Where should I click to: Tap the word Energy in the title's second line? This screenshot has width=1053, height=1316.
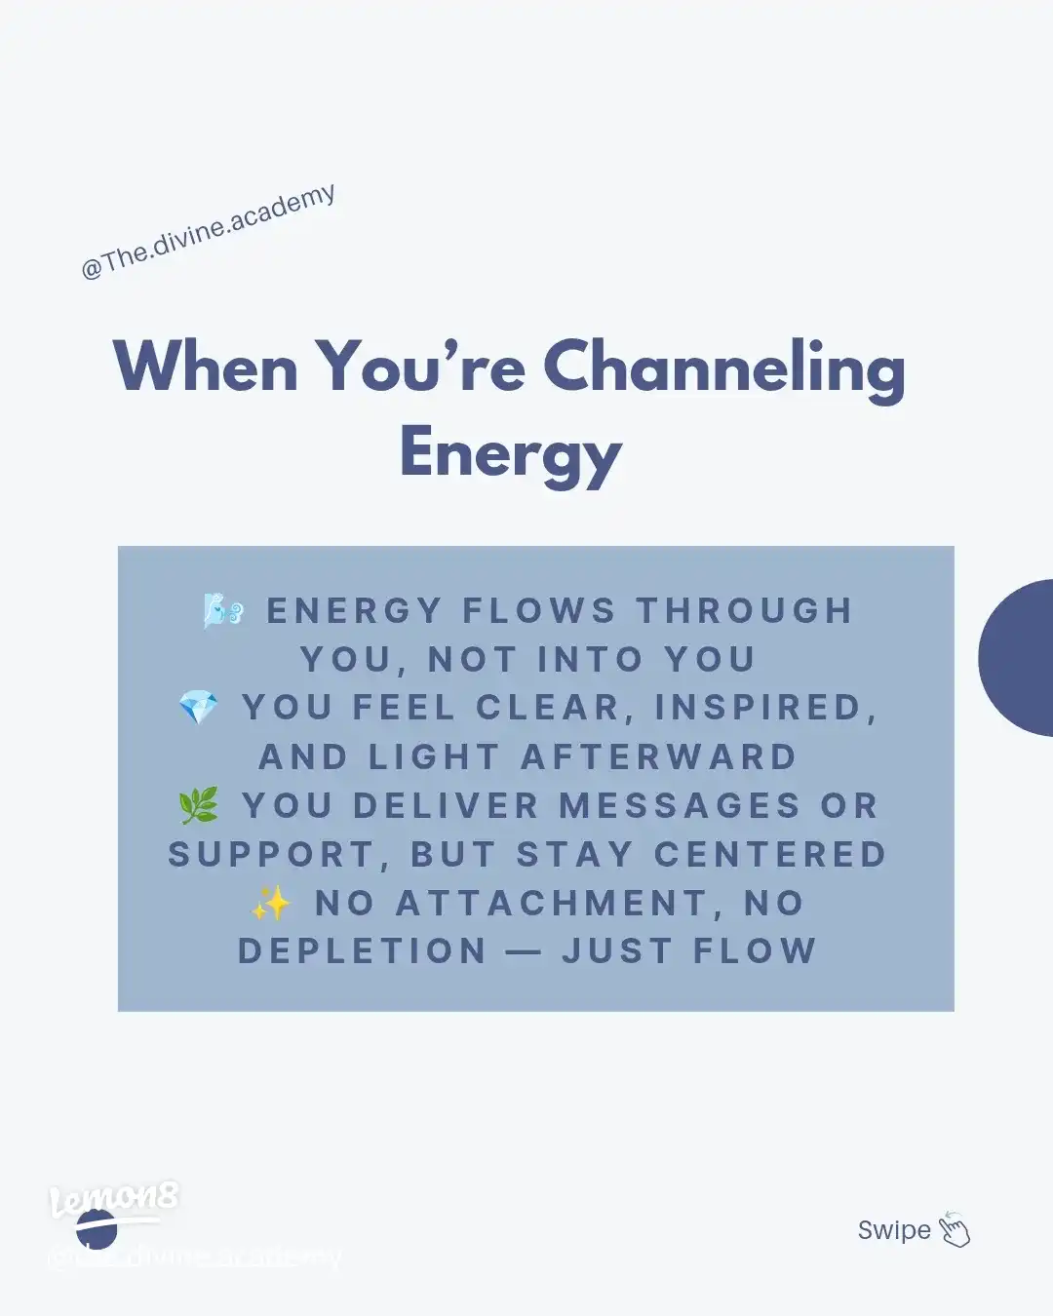510,454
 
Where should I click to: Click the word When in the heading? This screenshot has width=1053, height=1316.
206,368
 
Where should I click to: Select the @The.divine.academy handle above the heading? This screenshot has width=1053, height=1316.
209,232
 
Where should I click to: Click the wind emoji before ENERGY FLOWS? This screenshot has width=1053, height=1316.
223,610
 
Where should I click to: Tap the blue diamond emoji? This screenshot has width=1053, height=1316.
199,708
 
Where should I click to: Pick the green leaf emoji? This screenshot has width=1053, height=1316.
199,805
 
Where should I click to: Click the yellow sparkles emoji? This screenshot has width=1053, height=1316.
270,903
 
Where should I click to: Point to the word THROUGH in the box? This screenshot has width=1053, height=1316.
745,611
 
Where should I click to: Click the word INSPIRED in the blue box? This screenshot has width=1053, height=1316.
760,709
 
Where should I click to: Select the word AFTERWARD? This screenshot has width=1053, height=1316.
659,757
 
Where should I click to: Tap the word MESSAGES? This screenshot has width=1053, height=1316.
680,806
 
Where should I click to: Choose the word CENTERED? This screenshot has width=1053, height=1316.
770,855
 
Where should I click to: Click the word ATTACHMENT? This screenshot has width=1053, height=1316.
552,904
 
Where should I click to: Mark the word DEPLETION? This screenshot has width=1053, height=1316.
362,951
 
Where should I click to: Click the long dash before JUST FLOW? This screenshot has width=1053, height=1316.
524,952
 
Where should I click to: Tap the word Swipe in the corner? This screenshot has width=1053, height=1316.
894,1230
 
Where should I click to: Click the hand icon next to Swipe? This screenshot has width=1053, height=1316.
955,1230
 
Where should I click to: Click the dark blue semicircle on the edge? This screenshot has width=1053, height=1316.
1019,658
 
